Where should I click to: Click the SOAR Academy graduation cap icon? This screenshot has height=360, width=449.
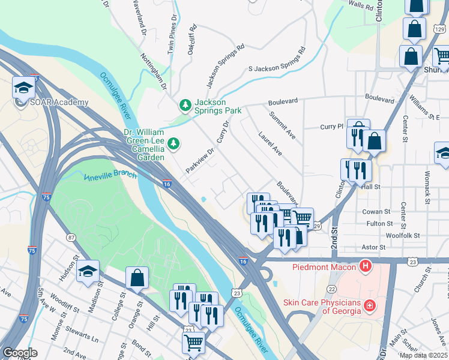pyautogui.click(x=23, y=88)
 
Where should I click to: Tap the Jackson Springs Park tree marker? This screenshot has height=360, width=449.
pyautogui.click(x=185, y=106)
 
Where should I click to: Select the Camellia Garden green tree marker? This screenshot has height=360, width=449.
pyautogui.click(x=173, y=143)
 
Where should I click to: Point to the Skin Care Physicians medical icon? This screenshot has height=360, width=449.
pyautogui.click(x=370, y=305)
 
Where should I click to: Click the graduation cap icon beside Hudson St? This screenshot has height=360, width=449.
pyautogui.click(x=88, y=271)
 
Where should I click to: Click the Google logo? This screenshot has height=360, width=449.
pyautogui.click(x=20, y=353)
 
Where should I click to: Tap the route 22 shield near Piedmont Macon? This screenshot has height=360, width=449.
pyautogui.click(x=331, y=289)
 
